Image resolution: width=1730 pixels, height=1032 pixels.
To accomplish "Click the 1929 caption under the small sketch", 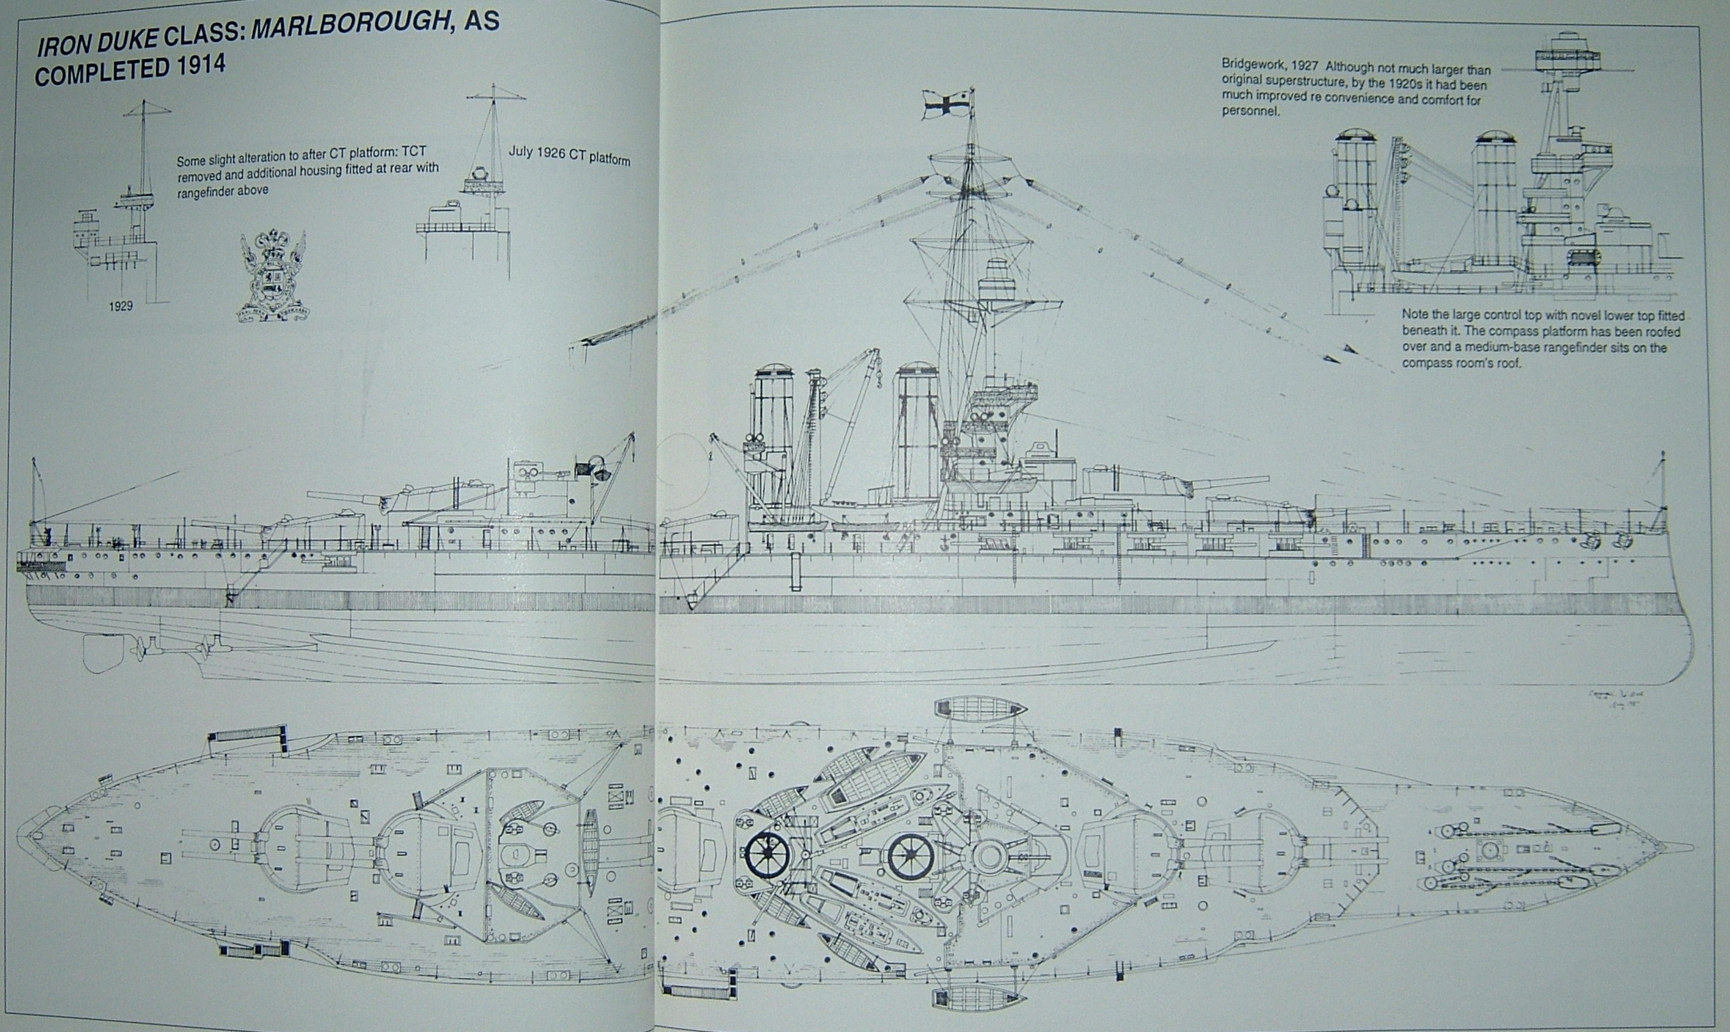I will [x=121, y=306].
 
